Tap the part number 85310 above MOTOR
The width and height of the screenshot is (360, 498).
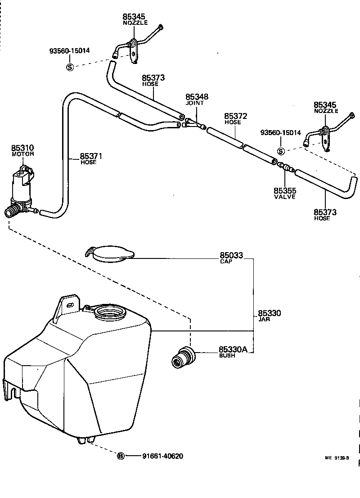[x=22, y=148]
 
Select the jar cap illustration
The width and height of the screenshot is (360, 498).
[x=110, y=254]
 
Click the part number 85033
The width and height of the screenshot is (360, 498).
[x=231, y=255]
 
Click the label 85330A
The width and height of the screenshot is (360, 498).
[x=233, y=349]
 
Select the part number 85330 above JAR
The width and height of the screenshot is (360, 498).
[x=270, y=313]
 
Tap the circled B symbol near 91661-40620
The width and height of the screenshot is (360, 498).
[x=121, y=456]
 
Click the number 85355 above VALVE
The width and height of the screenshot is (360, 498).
[x=285, y=191]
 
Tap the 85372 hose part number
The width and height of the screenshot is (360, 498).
[x=236, y=116]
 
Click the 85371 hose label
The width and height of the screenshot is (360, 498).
[x=91, y=156]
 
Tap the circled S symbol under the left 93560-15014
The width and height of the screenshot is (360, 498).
[x=70, y=67]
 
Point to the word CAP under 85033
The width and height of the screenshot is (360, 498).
[x=226, y=262]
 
